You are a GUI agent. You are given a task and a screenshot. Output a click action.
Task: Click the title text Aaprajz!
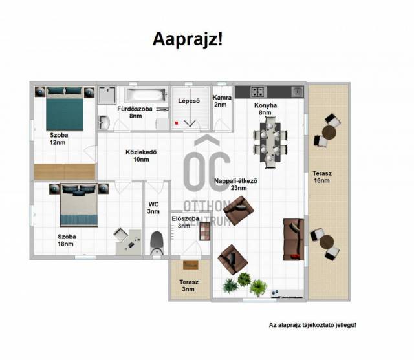(188, 39)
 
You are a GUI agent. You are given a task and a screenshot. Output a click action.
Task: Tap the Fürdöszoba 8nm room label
(135, 112)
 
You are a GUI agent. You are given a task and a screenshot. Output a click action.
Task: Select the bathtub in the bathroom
(146, 95)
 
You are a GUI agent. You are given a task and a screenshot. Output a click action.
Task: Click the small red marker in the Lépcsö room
(177, 123)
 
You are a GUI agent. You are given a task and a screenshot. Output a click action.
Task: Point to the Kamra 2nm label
(222, 101)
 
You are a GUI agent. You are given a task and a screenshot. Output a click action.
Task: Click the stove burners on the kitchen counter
(258, 92)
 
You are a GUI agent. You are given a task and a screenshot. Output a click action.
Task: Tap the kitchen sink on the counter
(298, 92)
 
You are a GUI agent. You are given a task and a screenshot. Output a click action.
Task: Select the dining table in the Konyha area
(270, 142)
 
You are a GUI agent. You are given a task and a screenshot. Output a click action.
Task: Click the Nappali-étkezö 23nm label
(235, 184)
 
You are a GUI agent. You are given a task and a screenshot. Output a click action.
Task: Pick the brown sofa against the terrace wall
(293, 240)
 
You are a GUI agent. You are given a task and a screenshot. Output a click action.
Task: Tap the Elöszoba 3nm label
(185, 222)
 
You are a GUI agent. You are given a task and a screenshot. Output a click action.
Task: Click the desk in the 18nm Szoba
(129, 242)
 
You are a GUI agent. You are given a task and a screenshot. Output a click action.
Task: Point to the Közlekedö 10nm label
(141, 156)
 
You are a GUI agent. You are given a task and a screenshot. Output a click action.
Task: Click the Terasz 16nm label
(322, 177)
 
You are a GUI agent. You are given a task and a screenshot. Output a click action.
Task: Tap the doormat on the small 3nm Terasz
(191, 265)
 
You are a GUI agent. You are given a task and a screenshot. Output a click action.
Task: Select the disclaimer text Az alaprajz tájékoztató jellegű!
(312, 325)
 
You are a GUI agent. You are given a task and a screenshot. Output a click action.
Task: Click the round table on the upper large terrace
(329, 132)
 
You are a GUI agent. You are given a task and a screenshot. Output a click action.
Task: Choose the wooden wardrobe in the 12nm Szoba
(65, 172)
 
